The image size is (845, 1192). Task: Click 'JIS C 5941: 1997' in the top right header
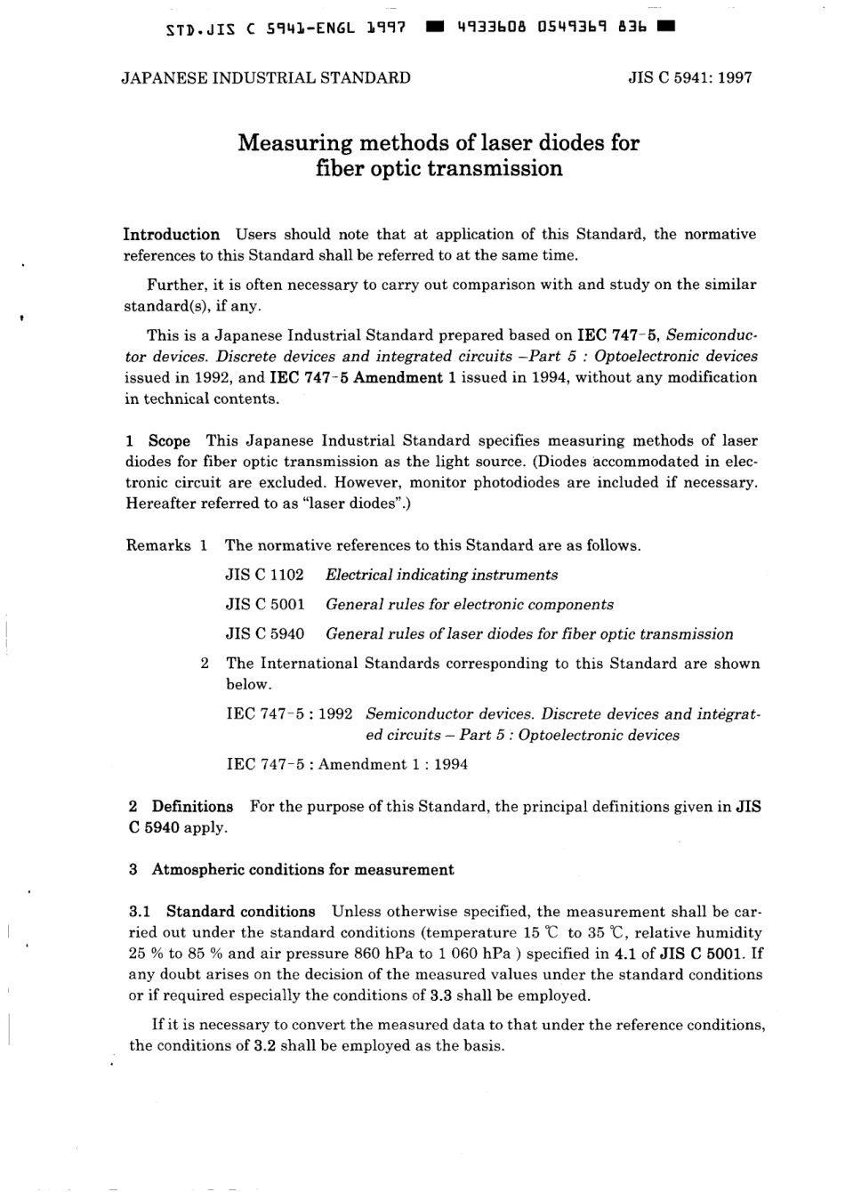(690, 77)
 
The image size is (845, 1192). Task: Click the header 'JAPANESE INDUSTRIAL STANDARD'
(266, 77)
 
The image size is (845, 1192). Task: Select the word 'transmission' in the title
(495, 168)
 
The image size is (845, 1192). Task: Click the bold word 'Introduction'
(171, 235)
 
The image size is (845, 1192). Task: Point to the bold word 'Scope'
(169, 441)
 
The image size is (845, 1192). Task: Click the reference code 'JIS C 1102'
(264, 575)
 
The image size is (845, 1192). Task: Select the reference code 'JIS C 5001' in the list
(264, 605)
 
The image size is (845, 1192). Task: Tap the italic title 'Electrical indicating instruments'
(441, 575)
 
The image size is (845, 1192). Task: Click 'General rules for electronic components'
(469, 605)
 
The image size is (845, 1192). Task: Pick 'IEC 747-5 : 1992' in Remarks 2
(289, 714)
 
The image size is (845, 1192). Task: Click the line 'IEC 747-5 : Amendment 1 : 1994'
(347, 764)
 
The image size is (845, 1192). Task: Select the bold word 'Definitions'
(192, 807)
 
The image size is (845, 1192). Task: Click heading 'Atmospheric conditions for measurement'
(302, 870)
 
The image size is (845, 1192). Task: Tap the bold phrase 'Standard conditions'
(240, 912)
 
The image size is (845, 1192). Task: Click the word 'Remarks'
(158, 545)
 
